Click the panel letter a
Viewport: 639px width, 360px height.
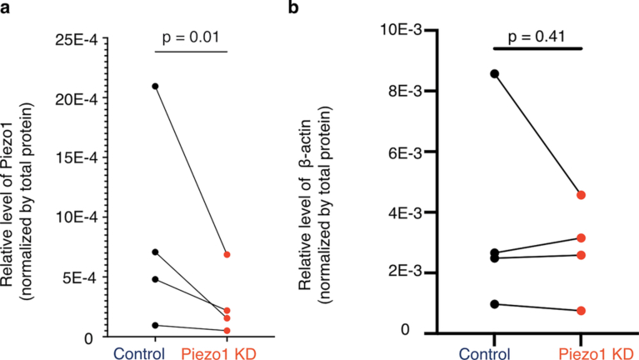point(7,10)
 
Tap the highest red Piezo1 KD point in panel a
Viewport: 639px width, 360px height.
point(227,254)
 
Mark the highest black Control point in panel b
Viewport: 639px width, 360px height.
point(495,73)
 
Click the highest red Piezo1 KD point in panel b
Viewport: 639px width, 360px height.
point(582,195)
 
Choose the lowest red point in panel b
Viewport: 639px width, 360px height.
point(582,311)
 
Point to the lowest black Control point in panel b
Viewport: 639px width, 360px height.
point(495,304)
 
